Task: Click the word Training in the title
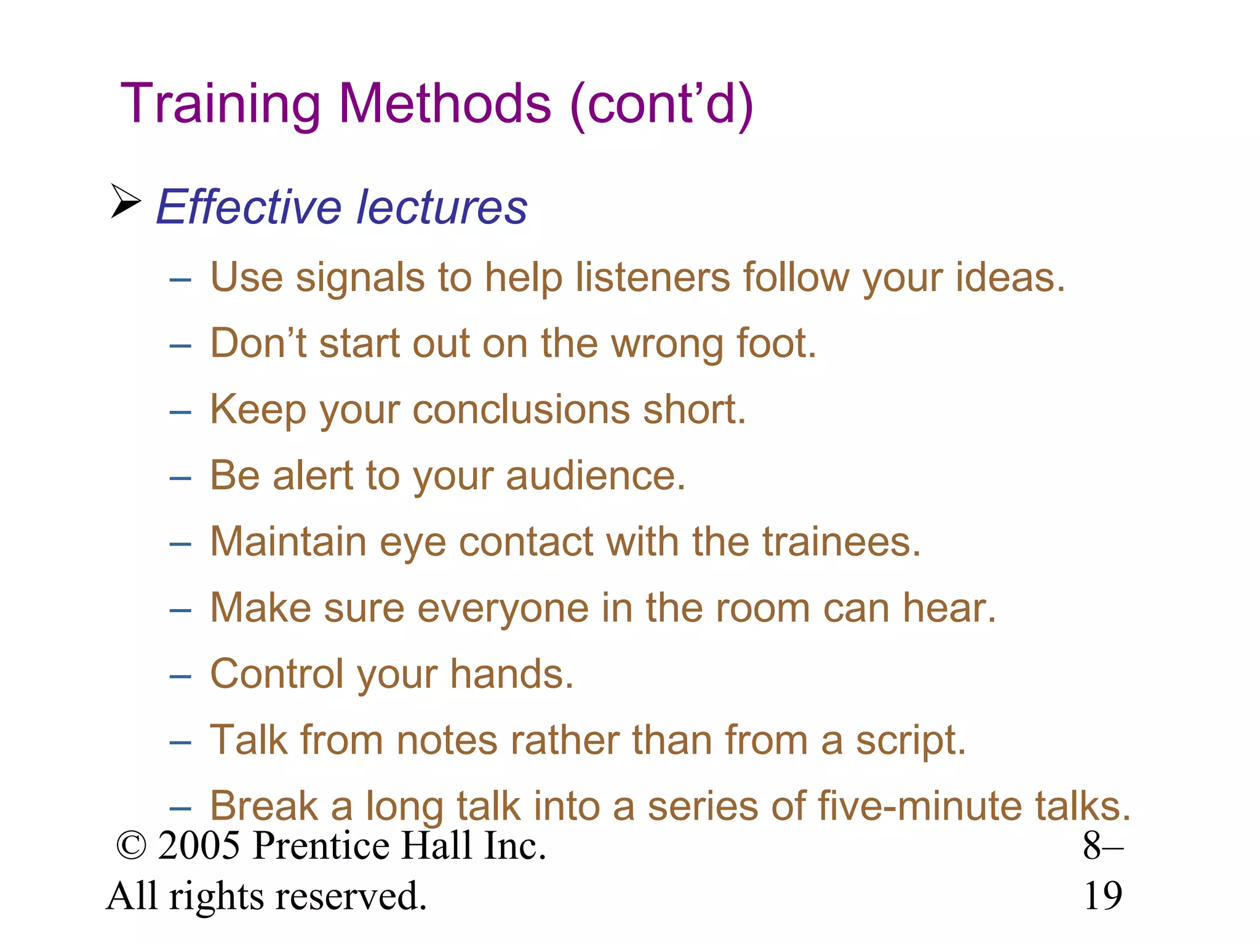pyautogui.click(x=220, y=105)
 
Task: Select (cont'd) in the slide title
pyautogui.click(x=662, y=105)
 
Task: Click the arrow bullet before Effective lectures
pyautogui.click(x=126, y=201)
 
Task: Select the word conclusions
pyautogui.click(x=521, y=410)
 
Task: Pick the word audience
pyautogui.click(x=595, y=476)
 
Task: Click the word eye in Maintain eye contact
pyautogui.click(x=412, y=544)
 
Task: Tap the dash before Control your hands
pyautogui.click(x=180, y=677)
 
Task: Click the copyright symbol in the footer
pyautogui.click(x=131, y=847)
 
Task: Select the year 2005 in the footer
pyautogui.click(x=199, y=847)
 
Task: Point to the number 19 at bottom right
pyautogui.click(x=1103, y=896)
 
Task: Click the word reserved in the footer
pyautogui.click(x=351, y=896)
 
